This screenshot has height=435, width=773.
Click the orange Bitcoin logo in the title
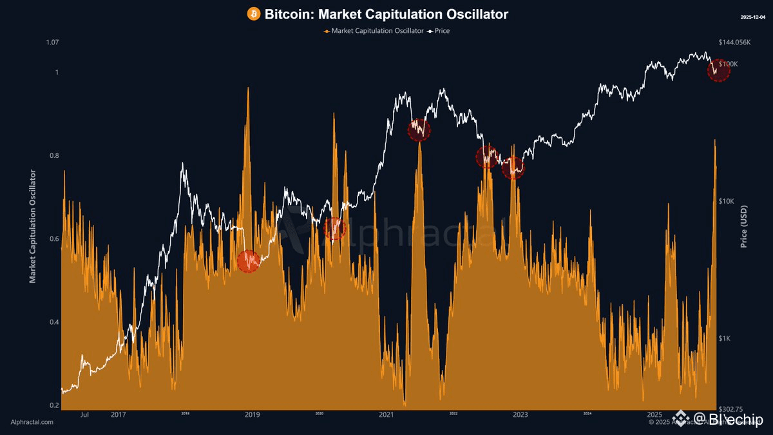coord(253,14)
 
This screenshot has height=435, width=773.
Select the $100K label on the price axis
coord(728,64)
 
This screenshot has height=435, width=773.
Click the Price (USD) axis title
coord(744,226)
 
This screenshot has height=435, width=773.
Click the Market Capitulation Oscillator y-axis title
coord(33,226)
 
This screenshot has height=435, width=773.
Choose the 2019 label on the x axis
coord(253,415)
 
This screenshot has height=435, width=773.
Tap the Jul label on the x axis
coord(84,415)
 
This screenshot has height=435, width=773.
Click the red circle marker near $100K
coord(718,70)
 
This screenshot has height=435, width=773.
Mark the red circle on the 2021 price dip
coord(419,130)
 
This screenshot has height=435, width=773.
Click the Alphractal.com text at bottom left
coord(32,422)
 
